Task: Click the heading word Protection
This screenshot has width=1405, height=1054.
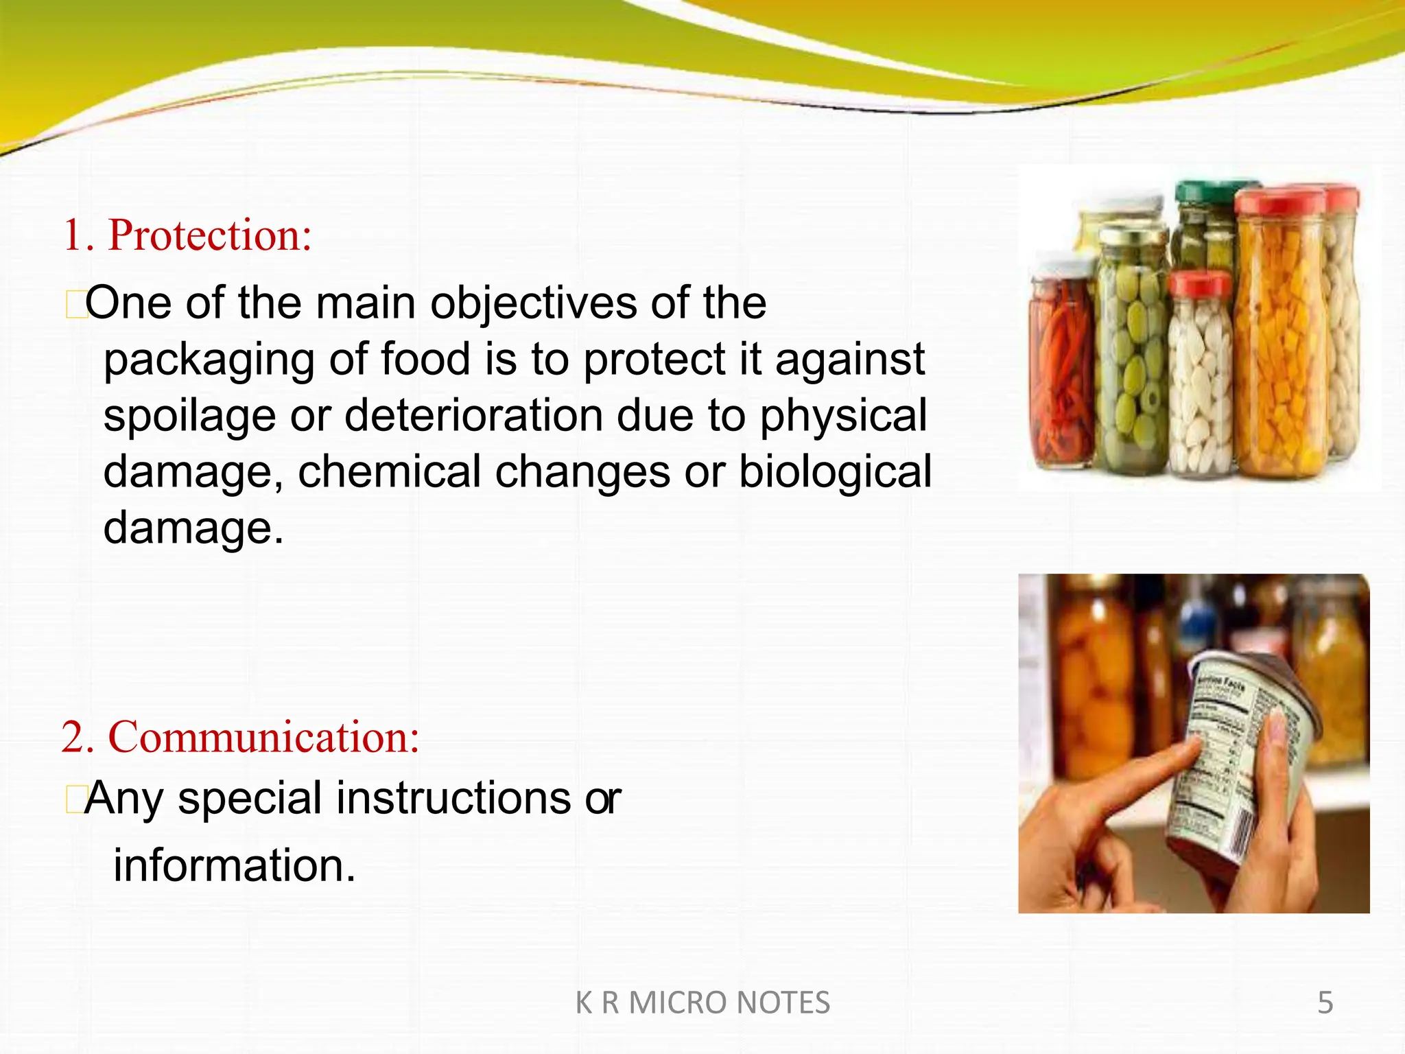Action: pyautogui.click(x=209, y=235)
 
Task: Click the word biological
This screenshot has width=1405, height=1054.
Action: pyautogui.click(x=835, y=472)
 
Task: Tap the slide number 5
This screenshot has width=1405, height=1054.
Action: pyautogui.click(x=1325, y=1003)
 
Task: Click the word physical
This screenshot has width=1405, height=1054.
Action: pyautogui.click(x=843, y=417)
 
